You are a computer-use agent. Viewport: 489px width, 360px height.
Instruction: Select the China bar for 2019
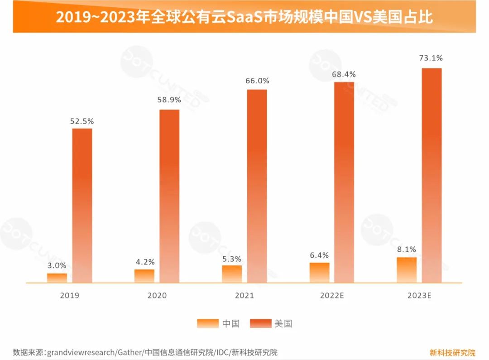pos(57,278)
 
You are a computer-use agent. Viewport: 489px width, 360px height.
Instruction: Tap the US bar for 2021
pos(257,186)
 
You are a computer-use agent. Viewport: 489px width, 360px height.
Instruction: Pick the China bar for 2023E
pos(407,270)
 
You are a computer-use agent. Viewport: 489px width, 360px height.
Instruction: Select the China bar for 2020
pos(144,276)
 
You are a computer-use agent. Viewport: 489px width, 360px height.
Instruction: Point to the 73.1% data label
pos(431,58)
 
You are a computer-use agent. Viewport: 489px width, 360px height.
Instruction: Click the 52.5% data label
pos(82,121)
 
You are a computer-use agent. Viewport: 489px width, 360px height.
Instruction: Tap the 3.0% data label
pos(57,265)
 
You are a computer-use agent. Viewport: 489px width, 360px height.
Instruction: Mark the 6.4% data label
pos(319,255)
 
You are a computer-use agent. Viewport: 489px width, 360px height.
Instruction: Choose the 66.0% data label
pos(257,81)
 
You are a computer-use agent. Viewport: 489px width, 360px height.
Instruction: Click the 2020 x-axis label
pos(157,296)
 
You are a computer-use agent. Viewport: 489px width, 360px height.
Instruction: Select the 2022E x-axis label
pos(332,296)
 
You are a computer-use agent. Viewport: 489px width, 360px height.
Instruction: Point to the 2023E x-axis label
pos(419,296)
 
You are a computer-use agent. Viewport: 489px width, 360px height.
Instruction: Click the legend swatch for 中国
pos(207,323)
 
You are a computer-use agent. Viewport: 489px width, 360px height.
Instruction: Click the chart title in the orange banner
pos(244,17)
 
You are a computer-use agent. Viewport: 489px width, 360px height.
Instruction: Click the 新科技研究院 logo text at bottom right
pos(452,352)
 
